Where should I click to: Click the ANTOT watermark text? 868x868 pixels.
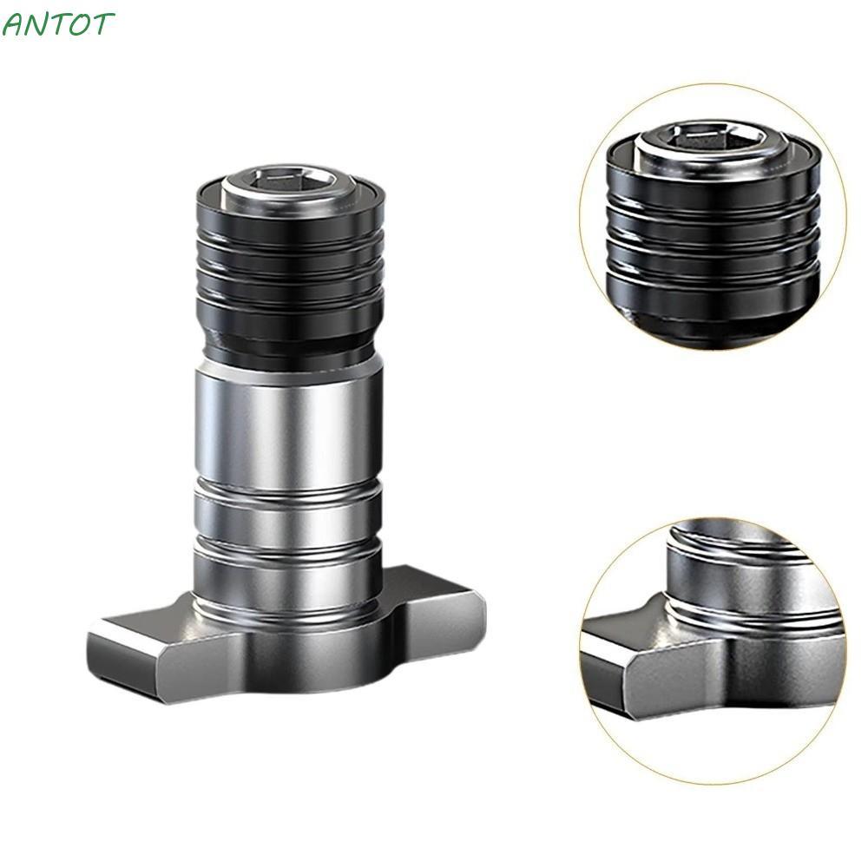pos(57,24)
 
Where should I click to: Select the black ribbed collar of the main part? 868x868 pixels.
pos(290,260)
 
